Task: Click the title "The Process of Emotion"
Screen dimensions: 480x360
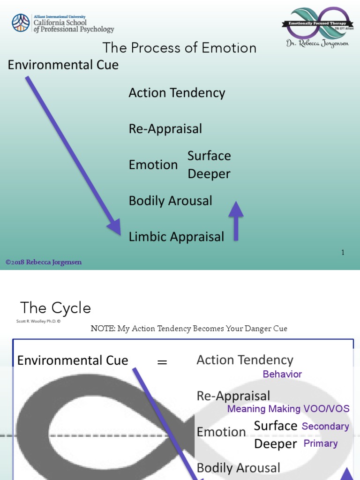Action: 180,48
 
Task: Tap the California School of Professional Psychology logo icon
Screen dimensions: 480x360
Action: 21,22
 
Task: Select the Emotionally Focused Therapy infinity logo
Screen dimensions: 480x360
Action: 317,23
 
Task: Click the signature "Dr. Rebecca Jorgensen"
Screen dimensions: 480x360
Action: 317,44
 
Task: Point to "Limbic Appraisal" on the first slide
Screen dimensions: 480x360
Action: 176,237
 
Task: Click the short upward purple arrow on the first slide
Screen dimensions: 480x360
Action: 236,220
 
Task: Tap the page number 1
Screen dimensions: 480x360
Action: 343,253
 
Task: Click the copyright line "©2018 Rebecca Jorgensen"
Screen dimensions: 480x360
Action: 44,262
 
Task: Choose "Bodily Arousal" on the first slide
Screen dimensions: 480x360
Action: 171,201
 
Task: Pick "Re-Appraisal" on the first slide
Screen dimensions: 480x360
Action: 165,128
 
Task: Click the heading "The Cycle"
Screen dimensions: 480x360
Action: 56,308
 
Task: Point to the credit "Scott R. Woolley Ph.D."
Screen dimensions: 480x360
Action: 38,322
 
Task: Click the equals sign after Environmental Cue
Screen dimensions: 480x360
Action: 162,362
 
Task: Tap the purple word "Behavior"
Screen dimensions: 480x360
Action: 282,374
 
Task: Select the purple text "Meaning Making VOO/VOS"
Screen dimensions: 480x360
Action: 288,409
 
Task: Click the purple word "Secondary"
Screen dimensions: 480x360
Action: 325,426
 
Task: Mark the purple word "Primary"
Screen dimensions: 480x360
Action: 321,443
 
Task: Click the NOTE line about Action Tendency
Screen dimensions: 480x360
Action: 189,329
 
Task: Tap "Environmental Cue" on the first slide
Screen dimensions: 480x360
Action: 63,65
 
